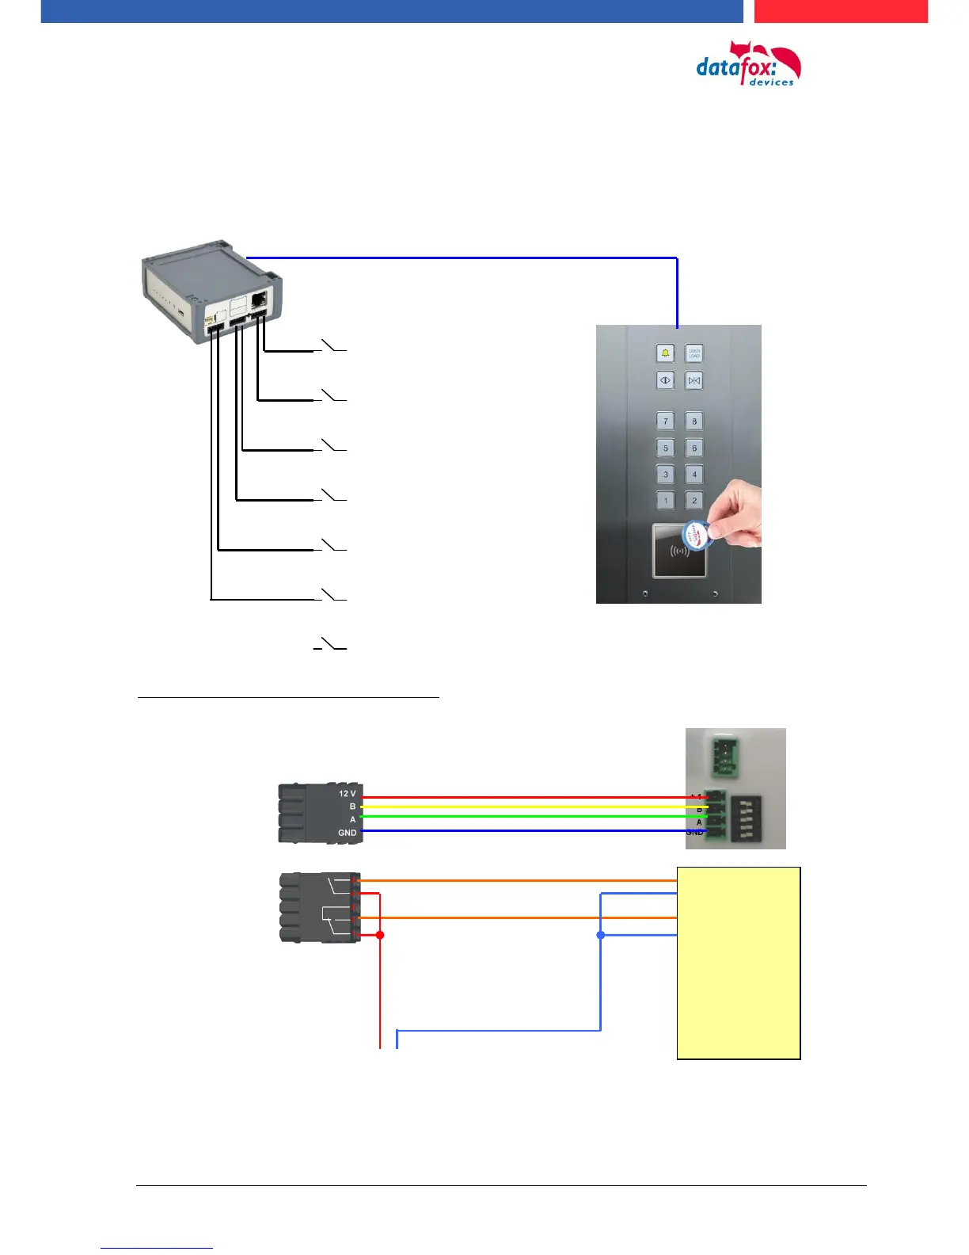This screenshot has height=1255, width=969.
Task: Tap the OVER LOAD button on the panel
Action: coord(694,353)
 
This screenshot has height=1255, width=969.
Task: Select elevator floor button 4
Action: coord(694,475)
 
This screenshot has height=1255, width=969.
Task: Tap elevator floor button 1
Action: coord(666,501)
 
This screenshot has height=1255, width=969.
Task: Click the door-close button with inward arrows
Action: coord(694,381)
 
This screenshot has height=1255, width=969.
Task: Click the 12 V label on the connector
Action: coord(347,793)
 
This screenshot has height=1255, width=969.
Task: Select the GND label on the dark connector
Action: coord(347,833)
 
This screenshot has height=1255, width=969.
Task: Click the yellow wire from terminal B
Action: coord(522,807)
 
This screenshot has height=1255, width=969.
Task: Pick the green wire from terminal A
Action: coord(522,817)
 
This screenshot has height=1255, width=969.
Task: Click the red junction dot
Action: coord(380,935)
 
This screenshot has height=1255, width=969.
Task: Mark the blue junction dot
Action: coord(601,935)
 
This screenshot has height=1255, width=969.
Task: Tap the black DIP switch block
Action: coord(745,820)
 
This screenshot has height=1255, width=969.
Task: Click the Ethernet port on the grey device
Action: coord(259,300)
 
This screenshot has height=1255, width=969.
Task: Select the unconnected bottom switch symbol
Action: coord(330,645)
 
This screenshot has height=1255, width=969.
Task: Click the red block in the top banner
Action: coord(840,11)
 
